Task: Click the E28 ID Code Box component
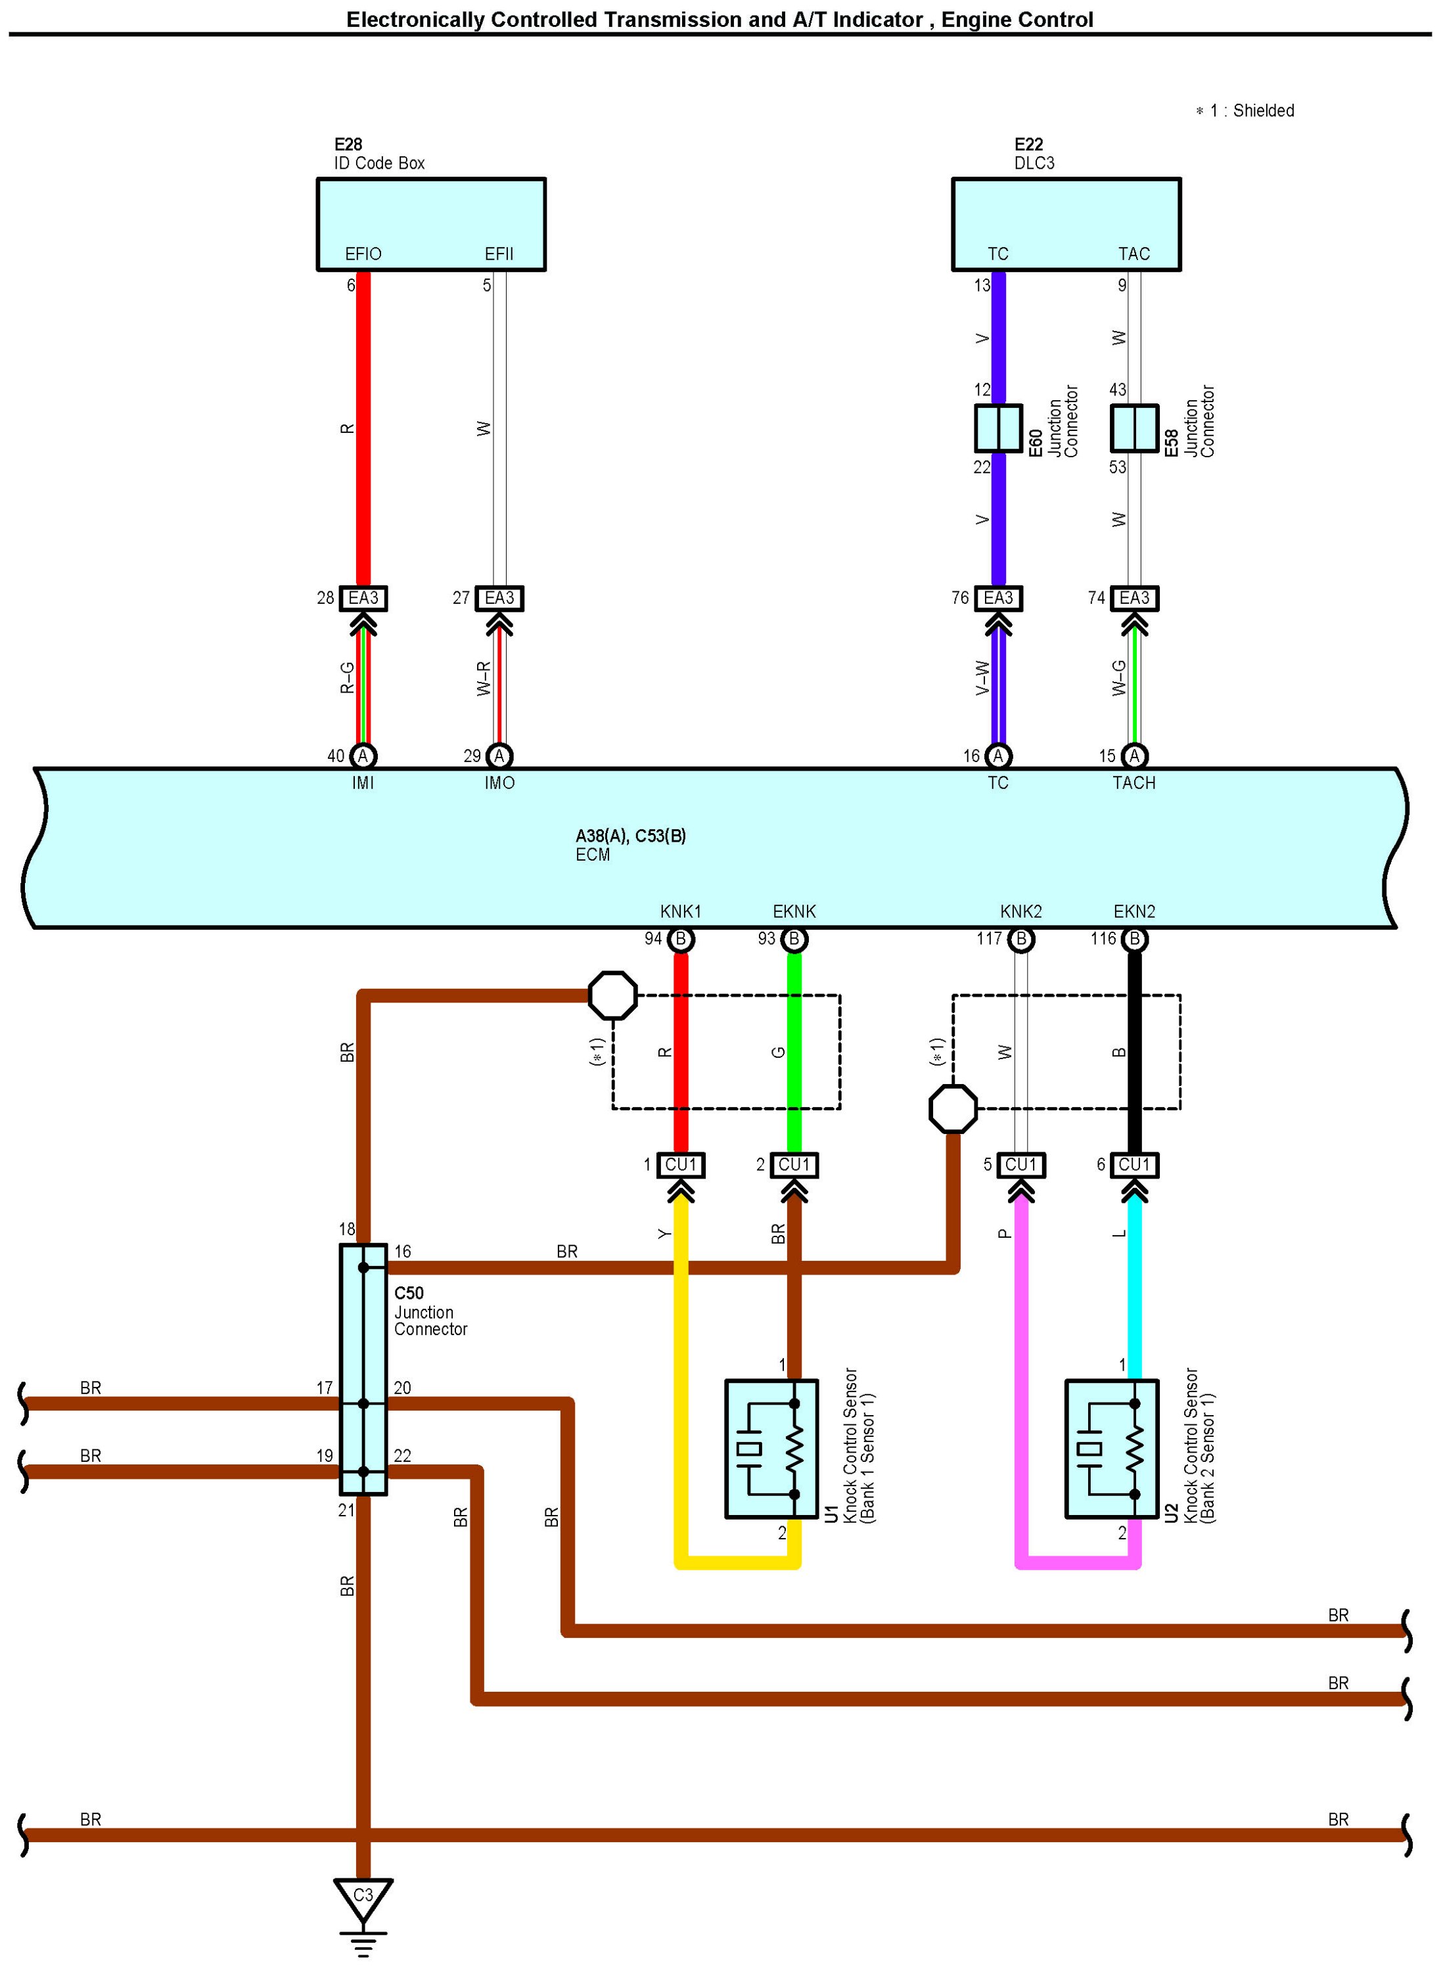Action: (431, 224)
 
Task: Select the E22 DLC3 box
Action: (1066, 224)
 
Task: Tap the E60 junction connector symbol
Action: (998, 428)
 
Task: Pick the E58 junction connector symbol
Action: (1134, 428)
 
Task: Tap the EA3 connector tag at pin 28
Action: (363, 599)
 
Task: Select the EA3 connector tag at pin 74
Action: (1134, 599)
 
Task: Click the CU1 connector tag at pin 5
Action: (1020, 1165)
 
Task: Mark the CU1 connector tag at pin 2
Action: (794, 1165)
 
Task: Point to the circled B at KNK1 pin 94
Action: (680, 939)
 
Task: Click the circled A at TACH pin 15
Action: (1134, 756)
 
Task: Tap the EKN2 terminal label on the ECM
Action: (1134, 911)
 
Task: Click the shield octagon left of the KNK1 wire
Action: (612, 995)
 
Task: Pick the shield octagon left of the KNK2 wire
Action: (953, 1108)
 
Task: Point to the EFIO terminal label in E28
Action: (363, 254)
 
